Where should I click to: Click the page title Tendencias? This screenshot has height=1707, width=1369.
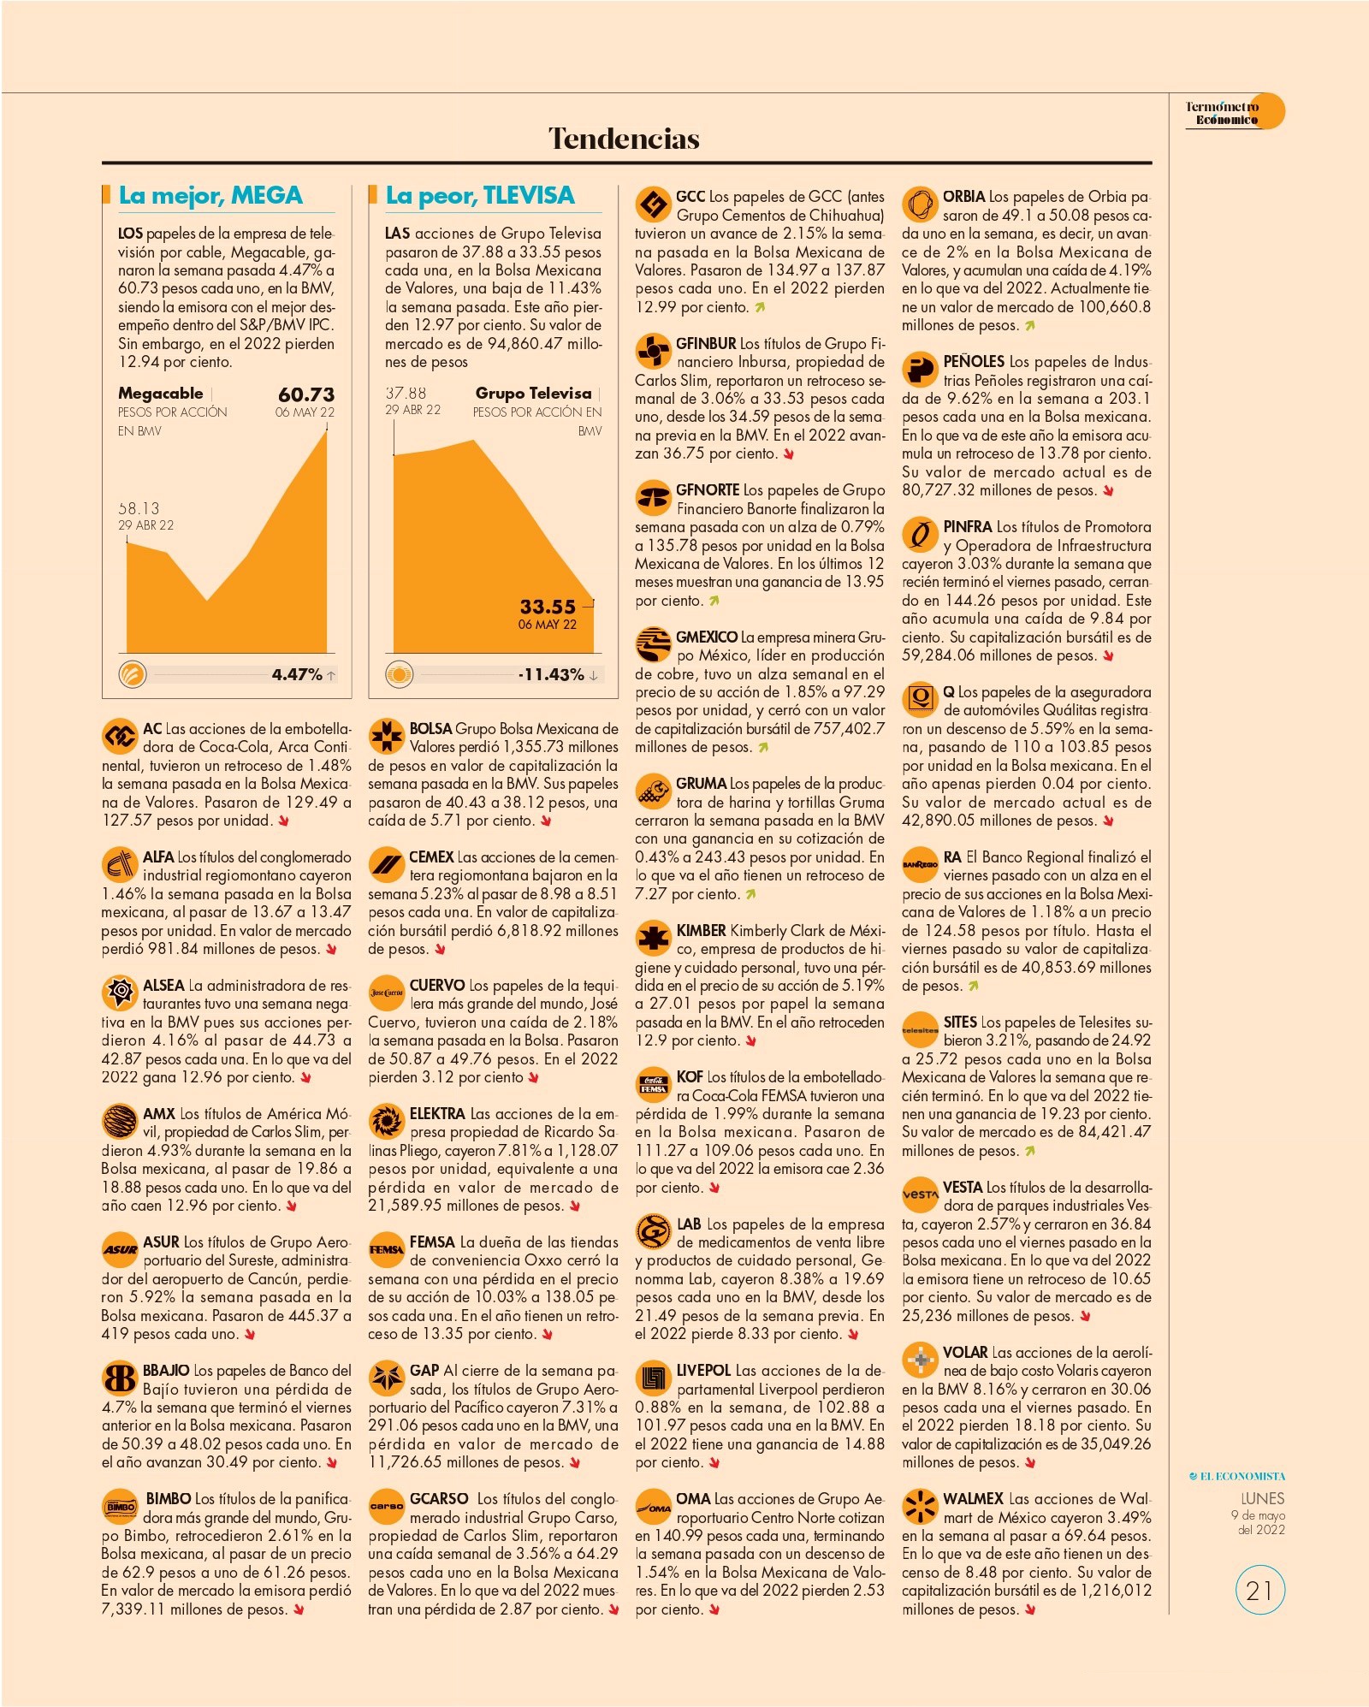click(x=624, y=139)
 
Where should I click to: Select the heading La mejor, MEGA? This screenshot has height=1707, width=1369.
click(x=210, y=196)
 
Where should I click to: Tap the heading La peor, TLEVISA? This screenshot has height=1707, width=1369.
click(x=480, y=196)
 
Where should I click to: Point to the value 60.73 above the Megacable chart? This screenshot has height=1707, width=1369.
click(x=306, y=394)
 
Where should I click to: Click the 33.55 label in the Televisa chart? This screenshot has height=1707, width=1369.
click(x=548, y=607)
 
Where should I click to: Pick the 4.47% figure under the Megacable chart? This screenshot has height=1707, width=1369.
click(x=297, y=674)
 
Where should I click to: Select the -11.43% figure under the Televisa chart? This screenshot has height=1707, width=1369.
click(x=551, y=674)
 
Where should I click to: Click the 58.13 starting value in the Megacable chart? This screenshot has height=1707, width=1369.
click(x=139, y=508)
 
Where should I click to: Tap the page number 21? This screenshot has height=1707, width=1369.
click(x=1259, y=1591)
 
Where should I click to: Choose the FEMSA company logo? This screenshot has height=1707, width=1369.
click(x=386, y=1249)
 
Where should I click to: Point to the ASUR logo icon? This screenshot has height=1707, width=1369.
click(x=120, y=1249)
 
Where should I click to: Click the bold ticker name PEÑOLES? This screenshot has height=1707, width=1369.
click(x=974, y=362)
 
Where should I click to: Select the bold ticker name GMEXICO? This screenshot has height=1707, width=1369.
click(x=707, y=637)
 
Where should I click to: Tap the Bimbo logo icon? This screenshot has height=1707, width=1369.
click(x=120, y=1506)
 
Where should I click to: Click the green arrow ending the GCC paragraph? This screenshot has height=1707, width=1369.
click(x=760, y=307)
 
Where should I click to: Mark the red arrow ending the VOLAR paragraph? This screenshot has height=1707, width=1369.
click(x=1030, y=1463)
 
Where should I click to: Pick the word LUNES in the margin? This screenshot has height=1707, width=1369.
click(x=1263, y=1498)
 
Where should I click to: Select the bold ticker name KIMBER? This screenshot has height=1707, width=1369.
click(x=701, y=931)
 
